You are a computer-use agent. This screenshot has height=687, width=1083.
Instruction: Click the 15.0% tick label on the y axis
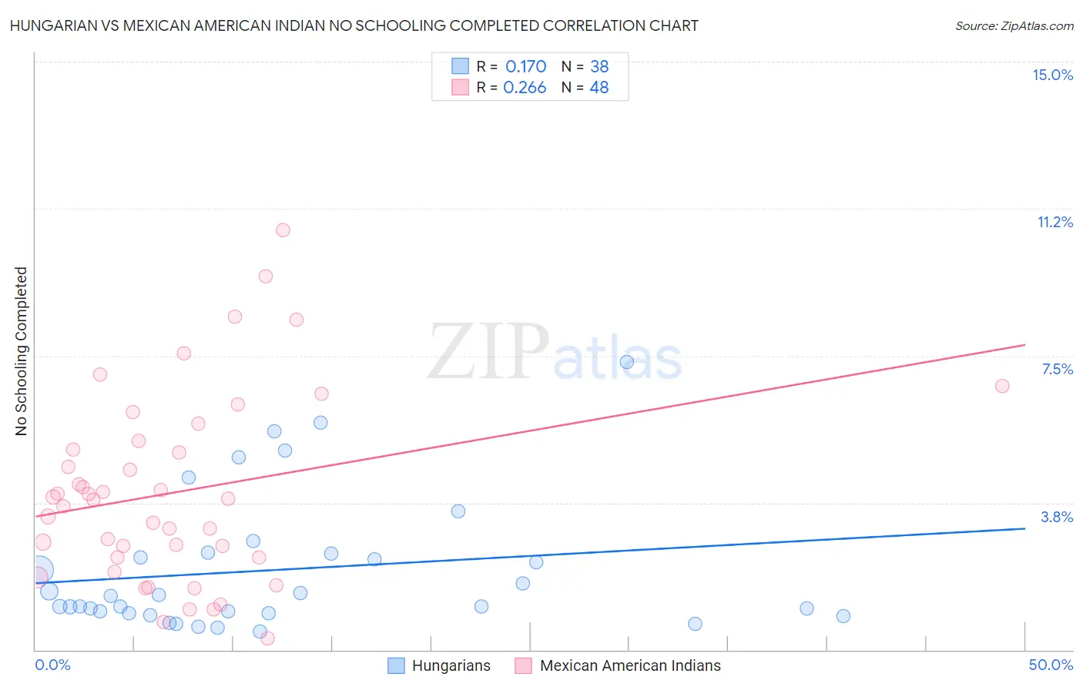[x=1052, y=75]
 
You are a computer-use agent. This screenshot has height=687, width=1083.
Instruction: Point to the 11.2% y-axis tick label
[x=1054, y=222]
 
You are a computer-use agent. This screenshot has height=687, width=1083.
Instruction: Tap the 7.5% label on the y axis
[x=1057, y=369]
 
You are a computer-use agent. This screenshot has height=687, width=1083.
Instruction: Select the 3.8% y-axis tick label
[x=1057, y=517]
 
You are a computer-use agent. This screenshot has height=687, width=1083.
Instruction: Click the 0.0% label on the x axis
[x=52, y=665]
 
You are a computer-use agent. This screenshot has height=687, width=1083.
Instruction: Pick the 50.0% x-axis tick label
[x=1051, y=665]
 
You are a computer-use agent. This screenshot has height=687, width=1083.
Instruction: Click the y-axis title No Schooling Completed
[x=22, y=351]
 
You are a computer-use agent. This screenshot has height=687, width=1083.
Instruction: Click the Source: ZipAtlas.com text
[x=1014, y=25]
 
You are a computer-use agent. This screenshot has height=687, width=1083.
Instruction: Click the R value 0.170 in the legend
[x=525, y=66]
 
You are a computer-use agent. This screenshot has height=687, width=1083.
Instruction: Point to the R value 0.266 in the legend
[x=525, y=87]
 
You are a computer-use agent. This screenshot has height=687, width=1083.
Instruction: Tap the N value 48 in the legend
[x=599, y=87]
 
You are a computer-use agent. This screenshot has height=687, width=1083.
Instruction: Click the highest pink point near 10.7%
[x=283, y=230]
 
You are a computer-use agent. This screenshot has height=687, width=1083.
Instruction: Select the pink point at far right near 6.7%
[x=1002, y=386]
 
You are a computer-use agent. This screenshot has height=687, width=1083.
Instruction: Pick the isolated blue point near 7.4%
[x=627, y=362]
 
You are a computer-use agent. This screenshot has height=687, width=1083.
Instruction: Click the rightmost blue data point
[x=843, y=616]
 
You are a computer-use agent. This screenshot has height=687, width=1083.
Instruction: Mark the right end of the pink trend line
[x=1024, y=345]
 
